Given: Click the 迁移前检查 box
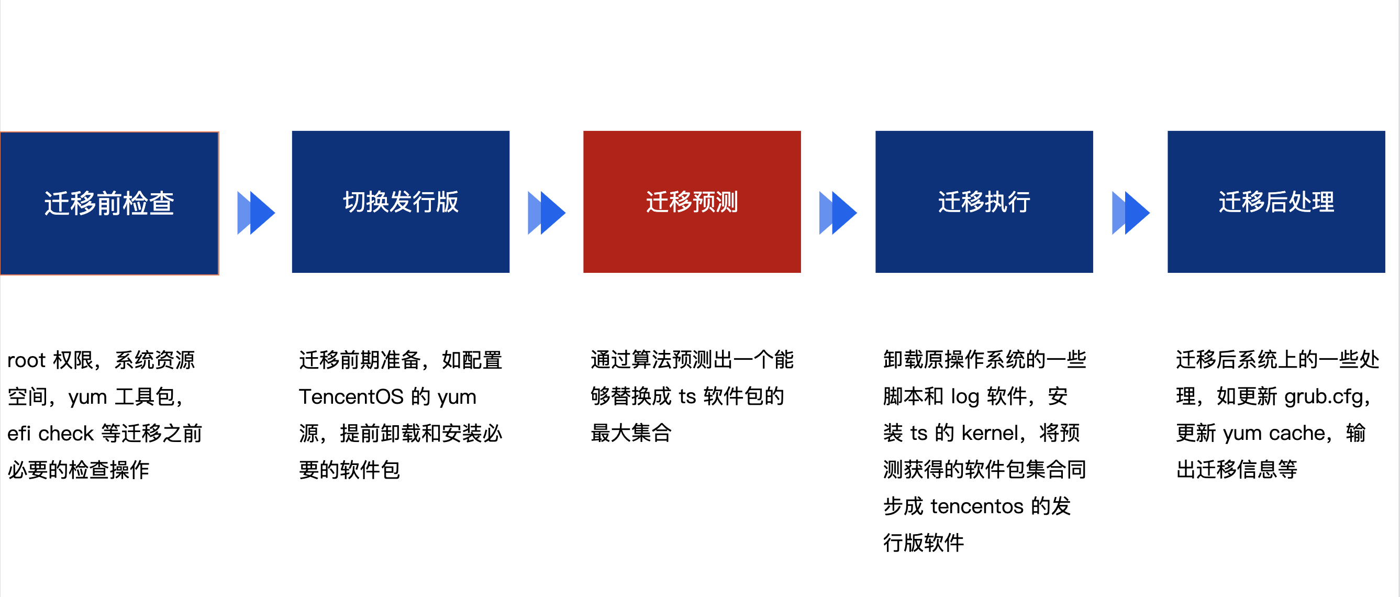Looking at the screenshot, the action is coord(109,203).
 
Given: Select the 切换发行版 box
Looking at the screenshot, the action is coord(401,202).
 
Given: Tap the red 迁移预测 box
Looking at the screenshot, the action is coord(692,202).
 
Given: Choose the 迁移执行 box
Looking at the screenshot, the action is coord(984,202).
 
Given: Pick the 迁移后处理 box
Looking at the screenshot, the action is coord(1276,202).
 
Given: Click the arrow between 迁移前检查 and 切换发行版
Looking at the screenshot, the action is coord(256,213).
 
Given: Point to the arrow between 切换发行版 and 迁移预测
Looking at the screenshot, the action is coord(547,213).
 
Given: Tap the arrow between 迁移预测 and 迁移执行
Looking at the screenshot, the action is coord(838,213).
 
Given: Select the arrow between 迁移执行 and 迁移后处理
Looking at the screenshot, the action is coord(1131,213).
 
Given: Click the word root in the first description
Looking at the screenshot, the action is coord(26,360).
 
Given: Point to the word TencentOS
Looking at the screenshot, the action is coord(351,397).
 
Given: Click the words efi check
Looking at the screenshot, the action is coord(50,433).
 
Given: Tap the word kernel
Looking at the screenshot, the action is coord(989,433).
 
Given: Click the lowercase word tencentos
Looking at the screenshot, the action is coord(976,506).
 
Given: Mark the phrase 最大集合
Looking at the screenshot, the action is coord(631,433).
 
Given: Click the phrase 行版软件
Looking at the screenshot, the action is coord(924,543).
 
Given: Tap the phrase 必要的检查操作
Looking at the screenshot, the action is coord(78,470).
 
